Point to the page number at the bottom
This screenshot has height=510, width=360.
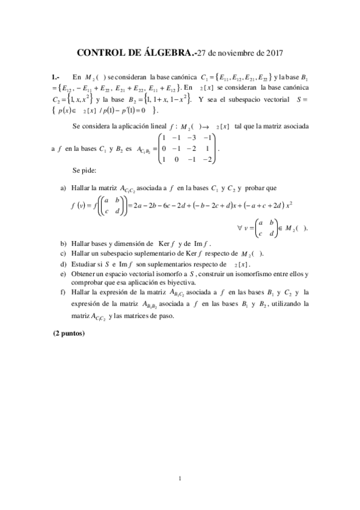coord(180,478)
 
